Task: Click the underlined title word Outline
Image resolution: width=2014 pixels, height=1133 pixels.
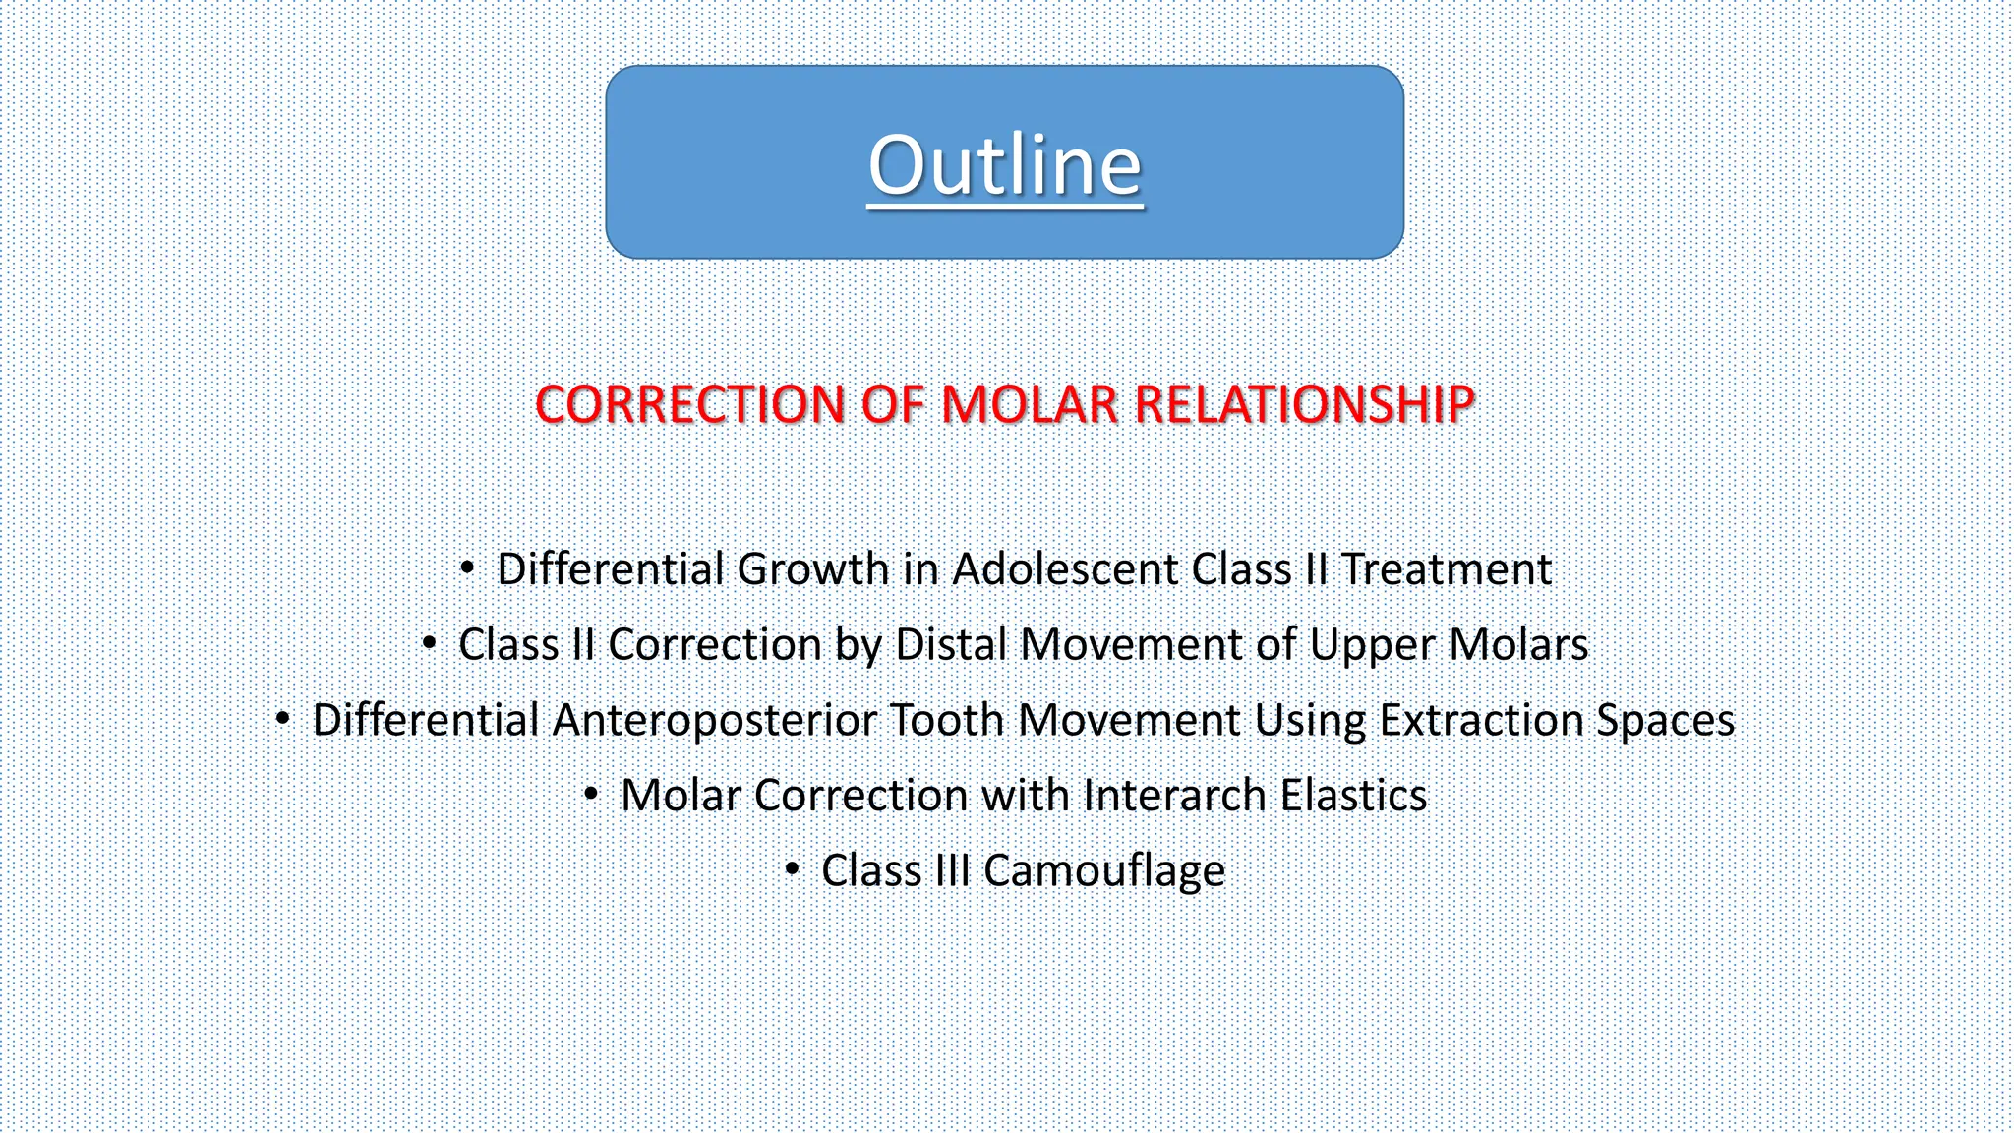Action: pos(1004,165)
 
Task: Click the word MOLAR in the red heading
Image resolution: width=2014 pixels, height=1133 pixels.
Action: pos(1030,404)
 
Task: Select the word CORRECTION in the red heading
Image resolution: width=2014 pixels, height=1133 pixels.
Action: pos(689,404)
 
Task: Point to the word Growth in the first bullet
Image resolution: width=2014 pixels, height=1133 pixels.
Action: pos(812,569)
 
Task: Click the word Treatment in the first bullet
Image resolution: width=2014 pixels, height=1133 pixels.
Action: pos(1447,569)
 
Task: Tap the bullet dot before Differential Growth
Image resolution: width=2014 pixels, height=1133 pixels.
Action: pos(467,567)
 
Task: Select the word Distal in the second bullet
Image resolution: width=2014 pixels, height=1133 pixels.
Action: pos(951,645)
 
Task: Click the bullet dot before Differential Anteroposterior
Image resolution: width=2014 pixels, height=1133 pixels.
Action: pos(282,719)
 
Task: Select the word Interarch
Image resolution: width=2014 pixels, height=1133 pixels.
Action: pos(1174,796)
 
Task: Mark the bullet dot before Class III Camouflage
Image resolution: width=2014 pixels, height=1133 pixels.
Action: pos(792,869)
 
